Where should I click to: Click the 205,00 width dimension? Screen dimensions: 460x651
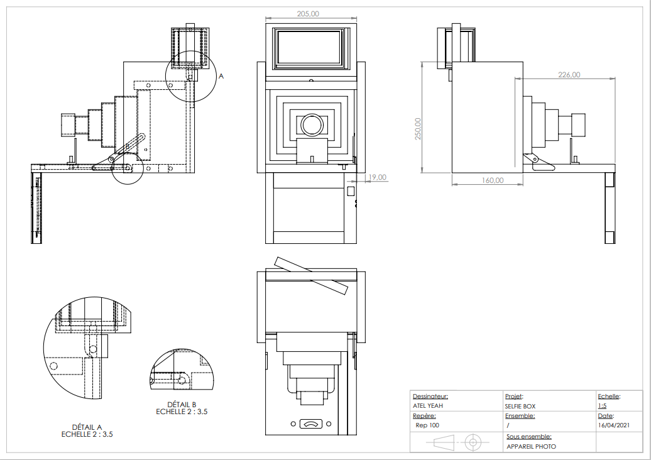[309, 14]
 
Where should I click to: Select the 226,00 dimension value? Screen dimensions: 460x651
[569, 75]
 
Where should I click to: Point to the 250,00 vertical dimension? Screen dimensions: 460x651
[418, 129]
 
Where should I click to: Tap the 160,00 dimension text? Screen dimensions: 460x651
[493, 180]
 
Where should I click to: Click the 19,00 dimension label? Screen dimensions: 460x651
[378, 177]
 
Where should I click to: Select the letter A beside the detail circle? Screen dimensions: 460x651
[221, 75]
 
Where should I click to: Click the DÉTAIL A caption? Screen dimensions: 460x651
[87, 427]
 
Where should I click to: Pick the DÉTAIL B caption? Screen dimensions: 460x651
[182, 404]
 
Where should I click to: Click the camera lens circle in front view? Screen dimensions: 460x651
[312, 124]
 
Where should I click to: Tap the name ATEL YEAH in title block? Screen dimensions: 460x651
[428, 406]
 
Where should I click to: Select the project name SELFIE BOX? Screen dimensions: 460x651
[521, 406]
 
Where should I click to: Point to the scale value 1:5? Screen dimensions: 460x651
[602, 406]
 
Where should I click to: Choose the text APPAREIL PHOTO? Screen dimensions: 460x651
[531, 447]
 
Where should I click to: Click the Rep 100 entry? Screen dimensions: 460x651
[428, 425]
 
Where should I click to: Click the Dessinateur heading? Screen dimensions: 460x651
[430, 397]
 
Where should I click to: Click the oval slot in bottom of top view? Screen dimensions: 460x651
[312, 424]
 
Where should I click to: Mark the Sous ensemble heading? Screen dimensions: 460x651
[529, 436]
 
